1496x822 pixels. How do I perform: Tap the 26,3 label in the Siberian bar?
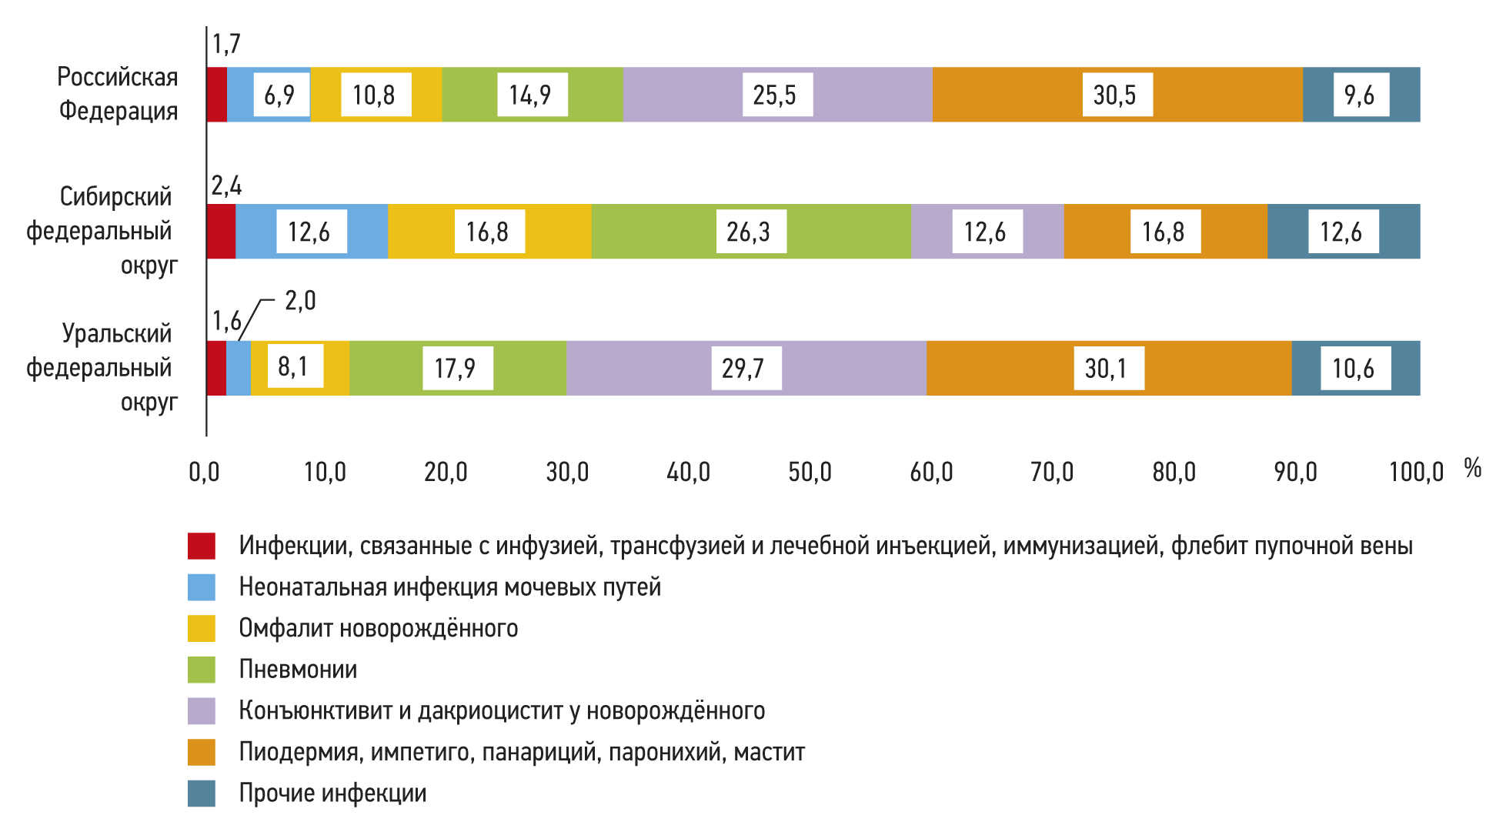point(750,232)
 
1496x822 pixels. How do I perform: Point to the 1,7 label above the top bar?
point(226,44)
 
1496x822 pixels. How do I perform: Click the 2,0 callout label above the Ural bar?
point(300,300)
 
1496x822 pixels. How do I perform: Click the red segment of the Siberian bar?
point(221,232)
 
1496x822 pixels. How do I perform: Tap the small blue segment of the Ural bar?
point(239,369)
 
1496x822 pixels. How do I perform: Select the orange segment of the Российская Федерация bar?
point(1016,95)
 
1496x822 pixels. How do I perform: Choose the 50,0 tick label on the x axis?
point(810,472)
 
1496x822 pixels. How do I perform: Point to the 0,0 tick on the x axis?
point(205,472)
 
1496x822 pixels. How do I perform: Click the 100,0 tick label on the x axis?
point(1416,472)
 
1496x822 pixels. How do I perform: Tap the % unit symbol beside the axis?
point(1472,468)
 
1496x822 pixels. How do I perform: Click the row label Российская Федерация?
point(118,94)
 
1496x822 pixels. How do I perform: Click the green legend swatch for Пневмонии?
point(202,670)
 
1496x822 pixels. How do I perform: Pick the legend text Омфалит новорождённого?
point(378,628)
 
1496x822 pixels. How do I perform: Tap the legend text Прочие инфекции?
point(332,793)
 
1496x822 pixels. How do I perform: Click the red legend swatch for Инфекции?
point(202,546)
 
